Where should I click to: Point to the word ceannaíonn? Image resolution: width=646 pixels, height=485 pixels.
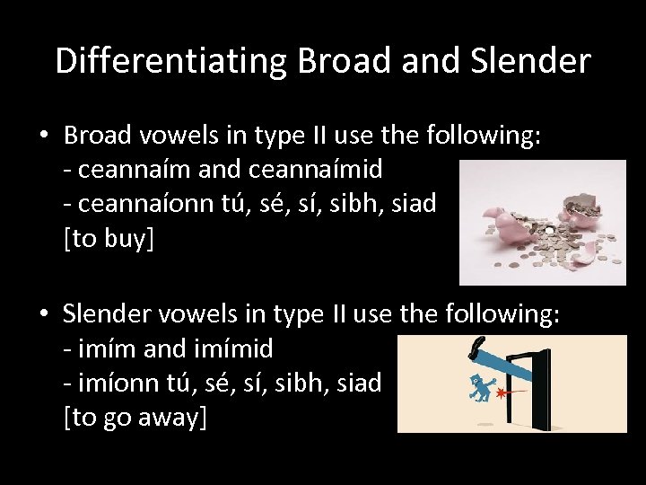[x=148, y=204]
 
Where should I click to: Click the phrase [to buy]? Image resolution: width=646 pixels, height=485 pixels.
[x=109, y=239]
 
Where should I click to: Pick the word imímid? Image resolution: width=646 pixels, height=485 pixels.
[x=228, y=348]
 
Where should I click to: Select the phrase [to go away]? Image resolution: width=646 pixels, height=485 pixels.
[x=135, y=418]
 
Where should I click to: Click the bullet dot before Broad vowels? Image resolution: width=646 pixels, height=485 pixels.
[x=43, y=136]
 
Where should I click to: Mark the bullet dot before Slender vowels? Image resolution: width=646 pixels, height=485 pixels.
[x=43, y=314]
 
